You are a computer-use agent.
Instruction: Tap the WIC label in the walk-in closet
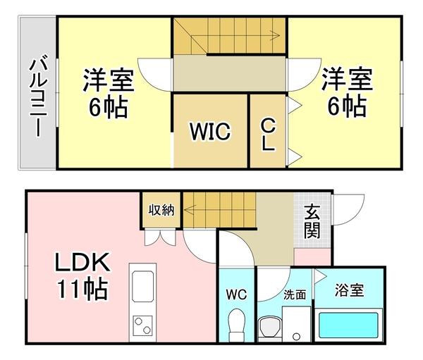coord(209,132)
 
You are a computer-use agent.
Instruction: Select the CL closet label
coord(268,133)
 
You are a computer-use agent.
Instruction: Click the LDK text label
coord(82,264)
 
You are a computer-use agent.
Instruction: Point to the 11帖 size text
coord(82,289)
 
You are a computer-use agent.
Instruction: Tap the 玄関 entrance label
coord(312,221)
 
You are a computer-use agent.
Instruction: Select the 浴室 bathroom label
coord(349,290)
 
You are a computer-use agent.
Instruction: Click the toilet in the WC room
coord(237,324)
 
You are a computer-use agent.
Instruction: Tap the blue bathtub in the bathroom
coord(349,325)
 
